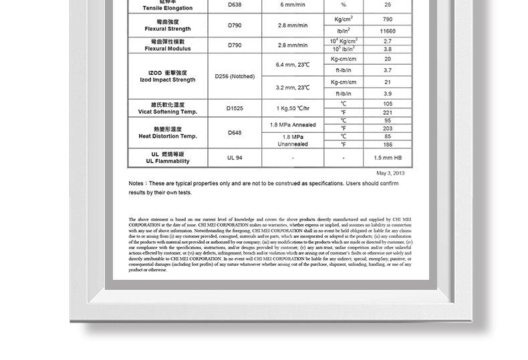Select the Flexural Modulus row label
point(168,45)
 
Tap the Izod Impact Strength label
point(168,76)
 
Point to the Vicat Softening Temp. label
point(168,108)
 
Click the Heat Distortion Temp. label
point(168,133)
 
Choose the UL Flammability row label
point(168,158)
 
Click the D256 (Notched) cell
point(235,76)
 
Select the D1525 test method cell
point(235,108)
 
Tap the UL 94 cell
point(235,158)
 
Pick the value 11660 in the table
point(388,31)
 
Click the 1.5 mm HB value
point(388,158)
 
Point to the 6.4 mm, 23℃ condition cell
point(293,64)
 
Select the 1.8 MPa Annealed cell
point(293,125)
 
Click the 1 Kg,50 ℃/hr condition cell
point(293,108)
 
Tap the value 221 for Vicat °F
point(388,112)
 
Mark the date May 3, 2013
point(390,173)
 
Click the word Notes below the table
point(136,183)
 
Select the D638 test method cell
point(235,5)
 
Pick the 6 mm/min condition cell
point(293,5)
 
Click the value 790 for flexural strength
point(388,19)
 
